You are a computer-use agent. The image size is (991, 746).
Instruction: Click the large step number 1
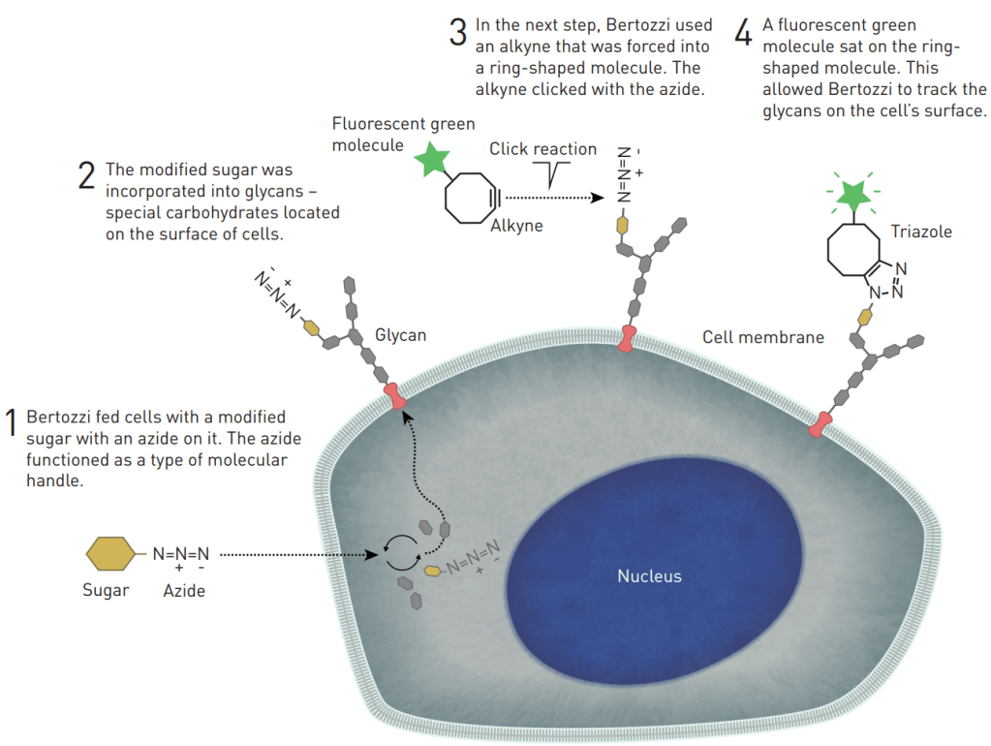click(13, 422)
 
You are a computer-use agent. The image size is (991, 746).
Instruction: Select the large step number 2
click(86, 174)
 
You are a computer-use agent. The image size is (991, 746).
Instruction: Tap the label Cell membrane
click(762, 337)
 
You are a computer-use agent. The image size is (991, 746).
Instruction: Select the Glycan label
click(401, 335)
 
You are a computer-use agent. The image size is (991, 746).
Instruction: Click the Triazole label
click(921, 233)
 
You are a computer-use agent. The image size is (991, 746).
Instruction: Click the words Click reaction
click(542, 148)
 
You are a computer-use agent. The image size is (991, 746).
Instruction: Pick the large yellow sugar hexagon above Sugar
click(113, 555)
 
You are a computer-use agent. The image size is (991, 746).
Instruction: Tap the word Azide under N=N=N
click(184, 590)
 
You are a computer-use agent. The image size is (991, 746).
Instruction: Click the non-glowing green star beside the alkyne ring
click(431, 160)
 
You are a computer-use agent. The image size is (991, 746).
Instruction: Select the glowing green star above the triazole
click(853, 194)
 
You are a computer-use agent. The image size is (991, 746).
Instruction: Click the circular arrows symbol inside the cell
click(399, 553)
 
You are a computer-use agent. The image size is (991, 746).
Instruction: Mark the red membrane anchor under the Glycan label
click(395, 396)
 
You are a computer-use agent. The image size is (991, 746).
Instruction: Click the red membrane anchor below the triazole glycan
click(821, 423)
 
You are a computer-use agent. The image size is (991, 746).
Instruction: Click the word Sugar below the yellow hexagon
click(106, 590)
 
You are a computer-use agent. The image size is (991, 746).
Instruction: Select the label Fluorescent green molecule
click(403, 134)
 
